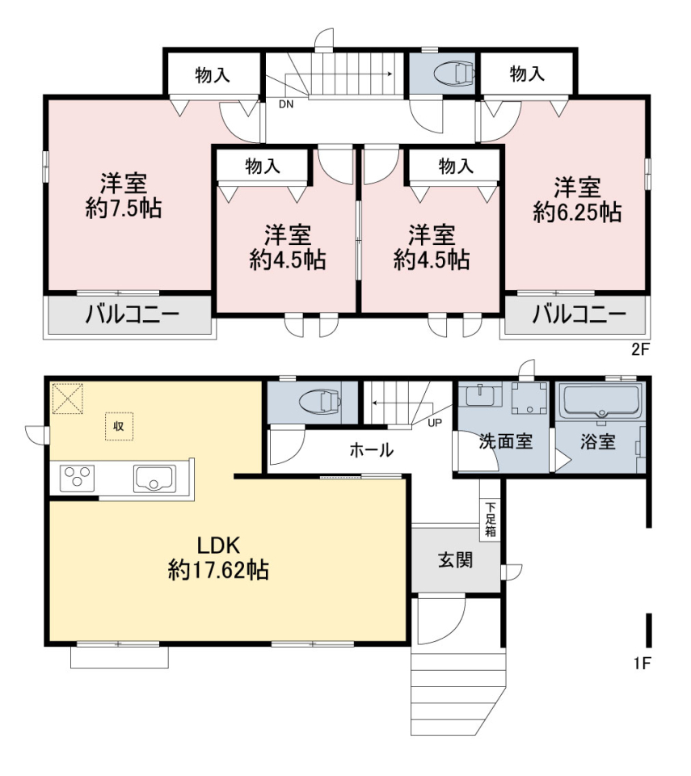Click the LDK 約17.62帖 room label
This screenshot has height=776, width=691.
(218, 558)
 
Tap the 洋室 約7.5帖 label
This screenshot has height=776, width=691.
(124, 196)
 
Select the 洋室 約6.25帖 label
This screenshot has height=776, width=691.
(577, 200)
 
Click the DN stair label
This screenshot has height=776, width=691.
(286, 104)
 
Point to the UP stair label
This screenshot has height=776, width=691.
(435, 423)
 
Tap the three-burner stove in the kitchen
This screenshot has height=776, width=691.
(78, 479)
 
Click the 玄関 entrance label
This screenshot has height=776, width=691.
(455, 561)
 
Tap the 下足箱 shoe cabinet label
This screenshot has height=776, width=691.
(490, 520)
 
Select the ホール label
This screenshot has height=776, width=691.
(372, 450)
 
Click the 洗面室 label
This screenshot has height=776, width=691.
(505, 441)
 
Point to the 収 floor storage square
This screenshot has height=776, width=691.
(119, 426)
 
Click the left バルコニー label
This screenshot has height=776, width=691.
(133, 314)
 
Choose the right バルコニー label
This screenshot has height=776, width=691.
(579, 314)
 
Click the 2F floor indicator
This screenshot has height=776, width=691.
(639, 350)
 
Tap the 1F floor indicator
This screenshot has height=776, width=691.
(642, 663)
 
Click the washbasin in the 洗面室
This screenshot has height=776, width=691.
(478, 397)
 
